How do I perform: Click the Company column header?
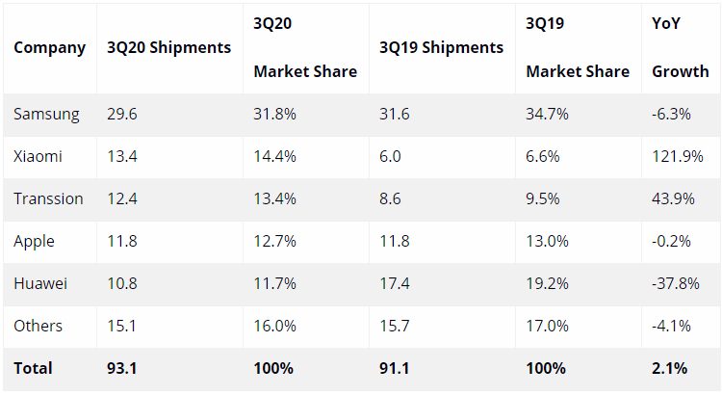tap(49, 47)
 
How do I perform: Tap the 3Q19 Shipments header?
tap(441, 47)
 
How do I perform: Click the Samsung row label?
tap(46, 114)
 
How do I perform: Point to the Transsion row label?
tap(48, 198)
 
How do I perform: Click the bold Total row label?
tap(34, 368)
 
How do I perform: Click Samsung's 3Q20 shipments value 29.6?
tap(122, 114)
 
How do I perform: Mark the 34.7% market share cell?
tap(548, 114)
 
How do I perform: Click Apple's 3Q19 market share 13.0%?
tap(548, 241)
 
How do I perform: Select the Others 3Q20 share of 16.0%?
tap(275, 326)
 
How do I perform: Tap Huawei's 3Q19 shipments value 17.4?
tap(395, 283)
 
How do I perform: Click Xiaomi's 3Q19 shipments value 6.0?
tap(391, 156)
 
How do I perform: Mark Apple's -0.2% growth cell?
tap(673, 241)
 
